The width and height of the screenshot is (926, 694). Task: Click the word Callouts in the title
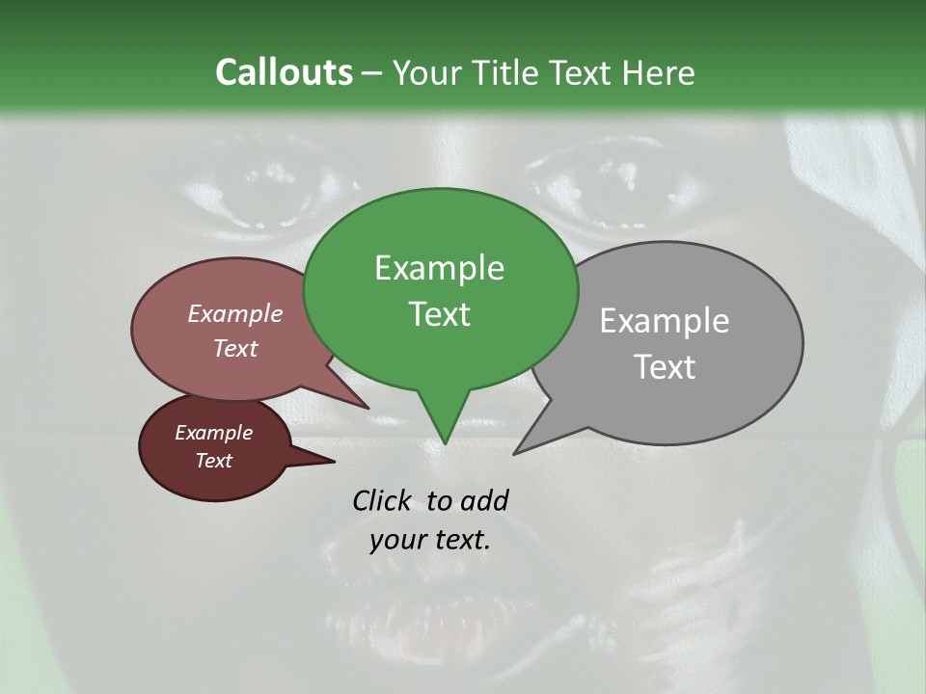tap(284, 72)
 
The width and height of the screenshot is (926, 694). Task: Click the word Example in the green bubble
tap(439, 268)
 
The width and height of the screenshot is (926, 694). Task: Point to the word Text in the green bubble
tap(439, 313)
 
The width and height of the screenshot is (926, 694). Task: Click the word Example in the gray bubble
tap(664, 321)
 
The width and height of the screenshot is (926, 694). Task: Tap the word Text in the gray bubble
tap(664, 366)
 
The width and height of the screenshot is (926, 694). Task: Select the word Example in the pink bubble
tap(234, 313)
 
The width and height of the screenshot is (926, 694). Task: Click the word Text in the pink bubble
tap(235, 348)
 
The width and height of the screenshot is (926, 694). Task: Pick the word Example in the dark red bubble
tap(213, 433)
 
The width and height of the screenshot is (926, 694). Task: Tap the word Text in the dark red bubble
tap(213, 461)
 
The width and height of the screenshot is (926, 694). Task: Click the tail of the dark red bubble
tap(323, 462)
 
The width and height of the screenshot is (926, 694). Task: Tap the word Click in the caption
tap(383, 500)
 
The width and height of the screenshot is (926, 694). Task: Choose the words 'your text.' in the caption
tap(430, 540)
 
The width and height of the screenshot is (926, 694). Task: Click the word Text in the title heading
tap(585, 72)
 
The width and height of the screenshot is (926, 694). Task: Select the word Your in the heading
tap(428, 72)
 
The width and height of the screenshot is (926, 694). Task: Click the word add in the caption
tap(483, 500)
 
